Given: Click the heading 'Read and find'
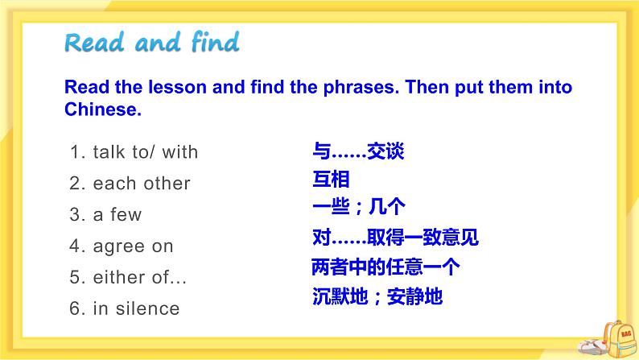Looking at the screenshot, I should (152, 42).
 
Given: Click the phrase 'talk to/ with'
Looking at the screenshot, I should (145, 152).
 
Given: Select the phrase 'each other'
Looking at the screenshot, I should (142, 184).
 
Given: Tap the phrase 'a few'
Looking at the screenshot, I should (117, 215).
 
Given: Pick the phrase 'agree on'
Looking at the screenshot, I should (133, 246).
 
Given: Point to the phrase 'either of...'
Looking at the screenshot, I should (139, 278).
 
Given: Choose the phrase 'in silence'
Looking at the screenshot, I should (136, 308).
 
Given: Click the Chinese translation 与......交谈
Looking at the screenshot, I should (357, 151).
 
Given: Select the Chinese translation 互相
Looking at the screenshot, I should (330, 180).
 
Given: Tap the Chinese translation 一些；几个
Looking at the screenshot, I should (357, 208).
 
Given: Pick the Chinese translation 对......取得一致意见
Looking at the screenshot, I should (394, 238).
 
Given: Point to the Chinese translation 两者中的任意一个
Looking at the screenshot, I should (385, 267).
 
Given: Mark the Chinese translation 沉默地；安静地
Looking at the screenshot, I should (377, 296).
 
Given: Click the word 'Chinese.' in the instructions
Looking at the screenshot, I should (102, 110).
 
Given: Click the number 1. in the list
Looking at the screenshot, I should (78, 152).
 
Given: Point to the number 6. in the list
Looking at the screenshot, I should (78, 308).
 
